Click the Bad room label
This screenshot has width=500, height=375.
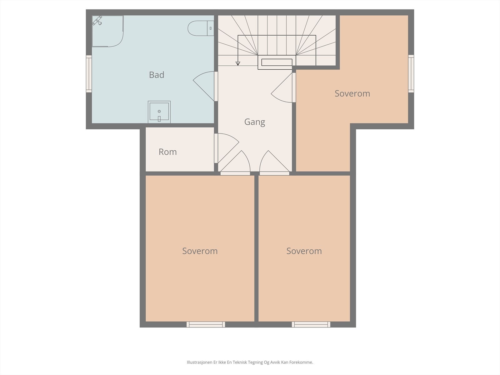coord(157,75)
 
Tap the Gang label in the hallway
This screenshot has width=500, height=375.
coord(255,122)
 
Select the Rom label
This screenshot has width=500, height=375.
coord(167,152)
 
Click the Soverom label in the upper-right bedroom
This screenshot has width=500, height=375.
coord(352,93)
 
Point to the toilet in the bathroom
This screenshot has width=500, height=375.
coord(201,28)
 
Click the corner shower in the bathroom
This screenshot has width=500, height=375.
coord(107,31)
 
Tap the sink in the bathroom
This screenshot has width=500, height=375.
coord(159,112)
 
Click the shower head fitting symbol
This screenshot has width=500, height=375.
coord(97,21)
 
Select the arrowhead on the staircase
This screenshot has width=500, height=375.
coord(238,63)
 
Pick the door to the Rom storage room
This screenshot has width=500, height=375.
coord(227,148)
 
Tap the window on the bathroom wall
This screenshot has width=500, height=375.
coord(89,74)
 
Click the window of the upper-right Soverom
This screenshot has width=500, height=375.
coord(411,74)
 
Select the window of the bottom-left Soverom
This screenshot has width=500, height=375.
coord(206,324)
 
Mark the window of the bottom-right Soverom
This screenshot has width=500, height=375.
coord(311,324)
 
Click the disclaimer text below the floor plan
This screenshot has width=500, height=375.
coord(250,362)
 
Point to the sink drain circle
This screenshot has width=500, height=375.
coord(159,111)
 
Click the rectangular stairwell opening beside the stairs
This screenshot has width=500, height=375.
coord(277,62)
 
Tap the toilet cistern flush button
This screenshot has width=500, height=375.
coord(211,28)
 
